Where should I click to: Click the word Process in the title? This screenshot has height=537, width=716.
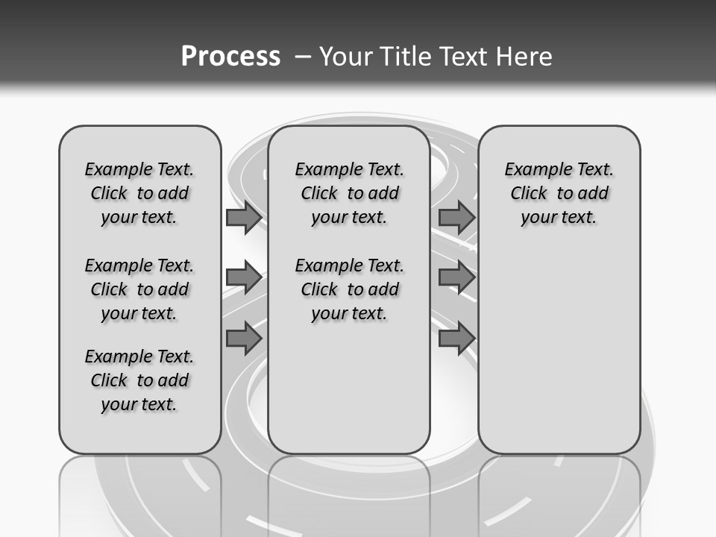(x=230, y=56)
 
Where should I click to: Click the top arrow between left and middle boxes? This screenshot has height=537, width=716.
(x=243, y=218)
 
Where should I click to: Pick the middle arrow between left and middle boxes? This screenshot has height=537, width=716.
(x=243, y=278)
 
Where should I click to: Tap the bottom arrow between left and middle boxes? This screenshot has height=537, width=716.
(x=243, y=339)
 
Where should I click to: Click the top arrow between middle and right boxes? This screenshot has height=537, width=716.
(x=456, y=218)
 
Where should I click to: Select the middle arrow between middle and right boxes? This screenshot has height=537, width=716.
(x=456, y=278)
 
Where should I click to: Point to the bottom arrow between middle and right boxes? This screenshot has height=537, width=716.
(x=456, y=339)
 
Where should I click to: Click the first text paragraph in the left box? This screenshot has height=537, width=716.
(x=139, y=193)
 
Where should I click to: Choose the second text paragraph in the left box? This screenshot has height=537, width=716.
(x=139, y=289)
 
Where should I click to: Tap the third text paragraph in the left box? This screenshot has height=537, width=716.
(x=139, y=380)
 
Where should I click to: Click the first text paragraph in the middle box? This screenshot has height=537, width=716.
(x=349, y=193)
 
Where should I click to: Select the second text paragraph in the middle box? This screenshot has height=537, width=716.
(x=349, y=289)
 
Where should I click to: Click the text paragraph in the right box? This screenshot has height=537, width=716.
(x=559, y=193)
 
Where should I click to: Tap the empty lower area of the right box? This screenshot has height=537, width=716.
(x=559, y=351)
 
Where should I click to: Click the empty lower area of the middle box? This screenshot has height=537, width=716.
(x=349, y=388)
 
